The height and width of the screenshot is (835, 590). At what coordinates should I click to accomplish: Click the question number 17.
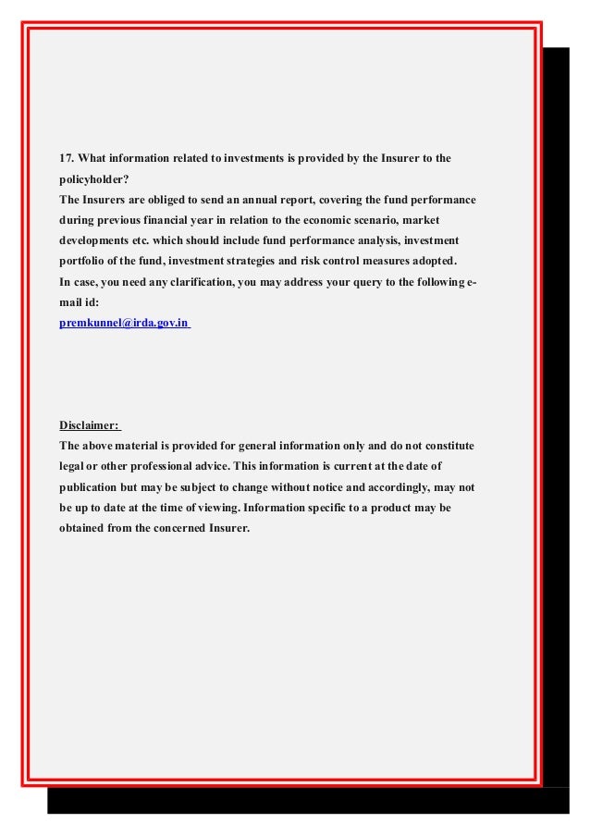pos(68,159)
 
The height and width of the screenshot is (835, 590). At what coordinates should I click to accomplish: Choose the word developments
pos(97,241)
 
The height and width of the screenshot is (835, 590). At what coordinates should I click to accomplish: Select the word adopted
pos(434,262)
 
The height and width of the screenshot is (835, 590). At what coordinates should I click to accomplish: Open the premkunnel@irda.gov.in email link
pos(124,324)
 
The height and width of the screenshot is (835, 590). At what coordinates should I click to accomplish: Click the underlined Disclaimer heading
pos(89,426)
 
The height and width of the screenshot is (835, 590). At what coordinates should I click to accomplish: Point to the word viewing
pos(211,508)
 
